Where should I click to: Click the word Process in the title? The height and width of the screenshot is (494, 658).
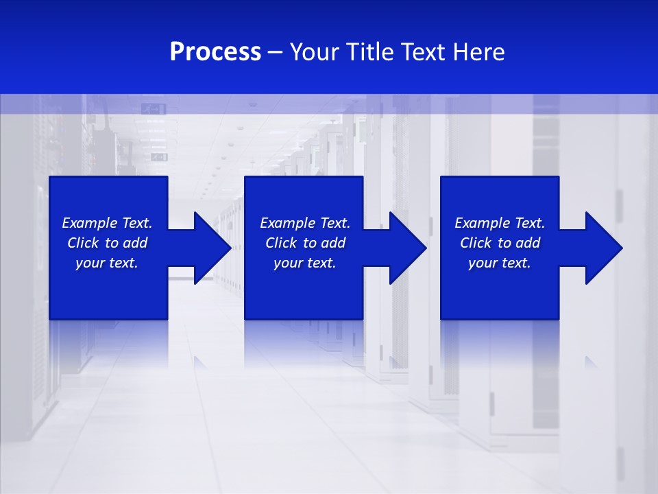[215, 52]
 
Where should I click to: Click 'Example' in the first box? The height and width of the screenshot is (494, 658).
[90, 223]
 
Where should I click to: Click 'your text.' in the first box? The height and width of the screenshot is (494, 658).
[107, 263]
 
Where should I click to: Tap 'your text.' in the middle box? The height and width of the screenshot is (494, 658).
[305, 263]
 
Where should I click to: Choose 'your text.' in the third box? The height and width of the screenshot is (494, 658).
[500, 263]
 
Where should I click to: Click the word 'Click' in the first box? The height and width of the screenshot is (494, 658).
[83, 243]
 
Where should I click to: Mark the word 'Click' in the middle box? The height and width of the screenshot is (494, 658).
[281, 243]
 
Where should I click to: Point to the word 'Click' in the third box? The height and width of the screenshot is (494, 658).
[476, 243]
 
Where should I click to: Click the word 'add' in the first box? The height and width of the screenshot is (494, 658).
[136, 243]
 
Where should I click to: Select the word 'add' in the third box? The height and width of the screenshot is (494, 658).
[528, 243]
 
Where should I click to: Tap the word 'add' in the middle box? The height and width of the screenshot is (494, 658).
[334, 243]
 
